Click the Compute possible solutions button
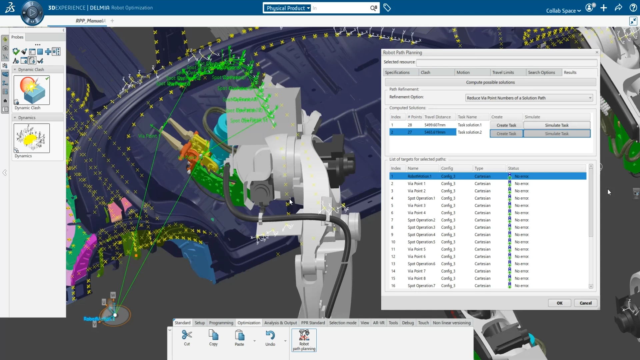tap(490, 82)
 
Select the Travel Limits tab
tap(503, 72)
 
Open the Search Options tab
tap(541, 72)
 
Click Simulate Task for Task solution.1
tap(556, 125)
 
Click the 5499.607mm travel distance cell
tap(435, 125)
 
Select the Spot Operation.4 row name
tap(421, 235)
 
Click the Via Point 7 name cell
tap(416, 271)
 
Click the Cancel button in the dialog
tap(585, 303)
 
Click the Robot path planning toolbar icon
tap(304, 339)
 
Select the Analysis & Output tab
tap(280, 323)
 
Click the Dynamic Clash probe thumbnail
tap(32, 90)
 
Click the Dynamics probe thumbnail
tap(32, 138)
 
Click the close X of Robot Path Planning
tap(597, 52)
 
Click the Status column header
tap(513, 168)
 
